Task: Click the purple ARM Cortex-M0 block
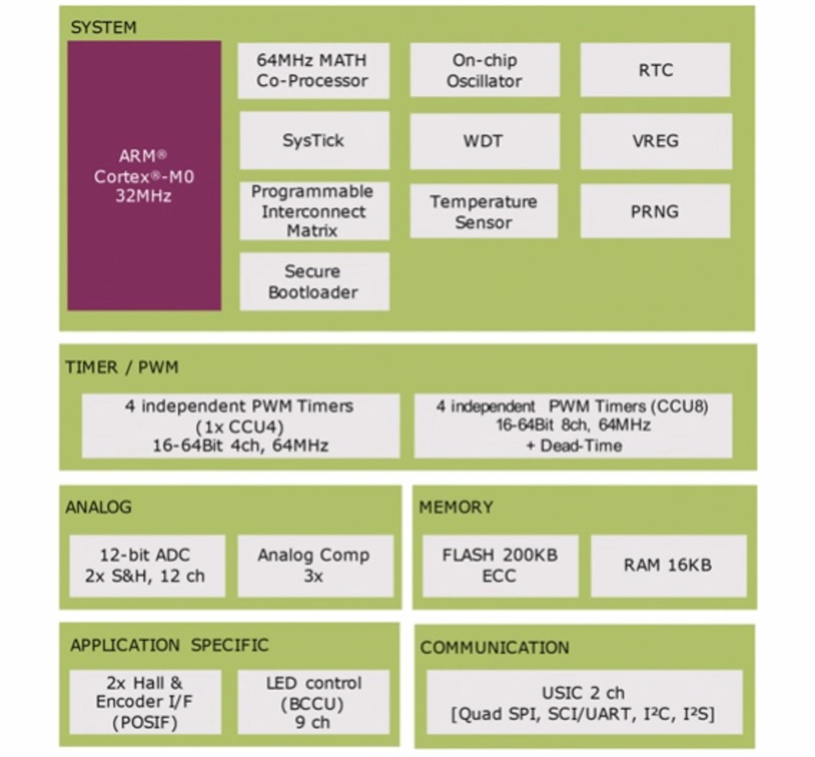(x=144, y=176)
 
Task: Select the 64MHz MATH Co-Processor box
(x=313, y=71)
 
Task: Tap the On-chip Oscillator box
(x=485, y=70)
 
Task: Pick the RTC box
(x=655, y=70)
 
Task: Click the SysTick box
(x=315, y=141)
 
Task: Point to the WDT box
(x=485, y=141)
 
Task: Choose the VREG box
(x=656, y=141)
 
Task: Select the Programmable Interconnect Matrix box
(x=315, y=211)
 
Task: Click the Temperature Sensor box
(x=483, y=211)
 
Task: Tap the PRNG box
(x=655, y=211)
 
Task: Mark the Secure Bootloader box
(x=315, y=282)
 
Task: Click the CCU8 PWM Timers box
(x=573, y=426)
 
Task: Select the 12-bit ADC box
(x=147, y=566)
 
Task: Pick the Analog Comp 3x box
(x=315, y=566)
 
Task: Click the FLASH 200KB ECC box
(x=500, y=566)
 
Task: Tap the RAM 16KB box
(x=669, y=566)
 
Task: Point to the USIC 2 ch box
(x=585, y=702)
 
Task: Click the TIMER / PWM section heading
(x=122, y=367)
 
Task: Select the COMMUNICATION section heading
(x=495, y=648)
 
